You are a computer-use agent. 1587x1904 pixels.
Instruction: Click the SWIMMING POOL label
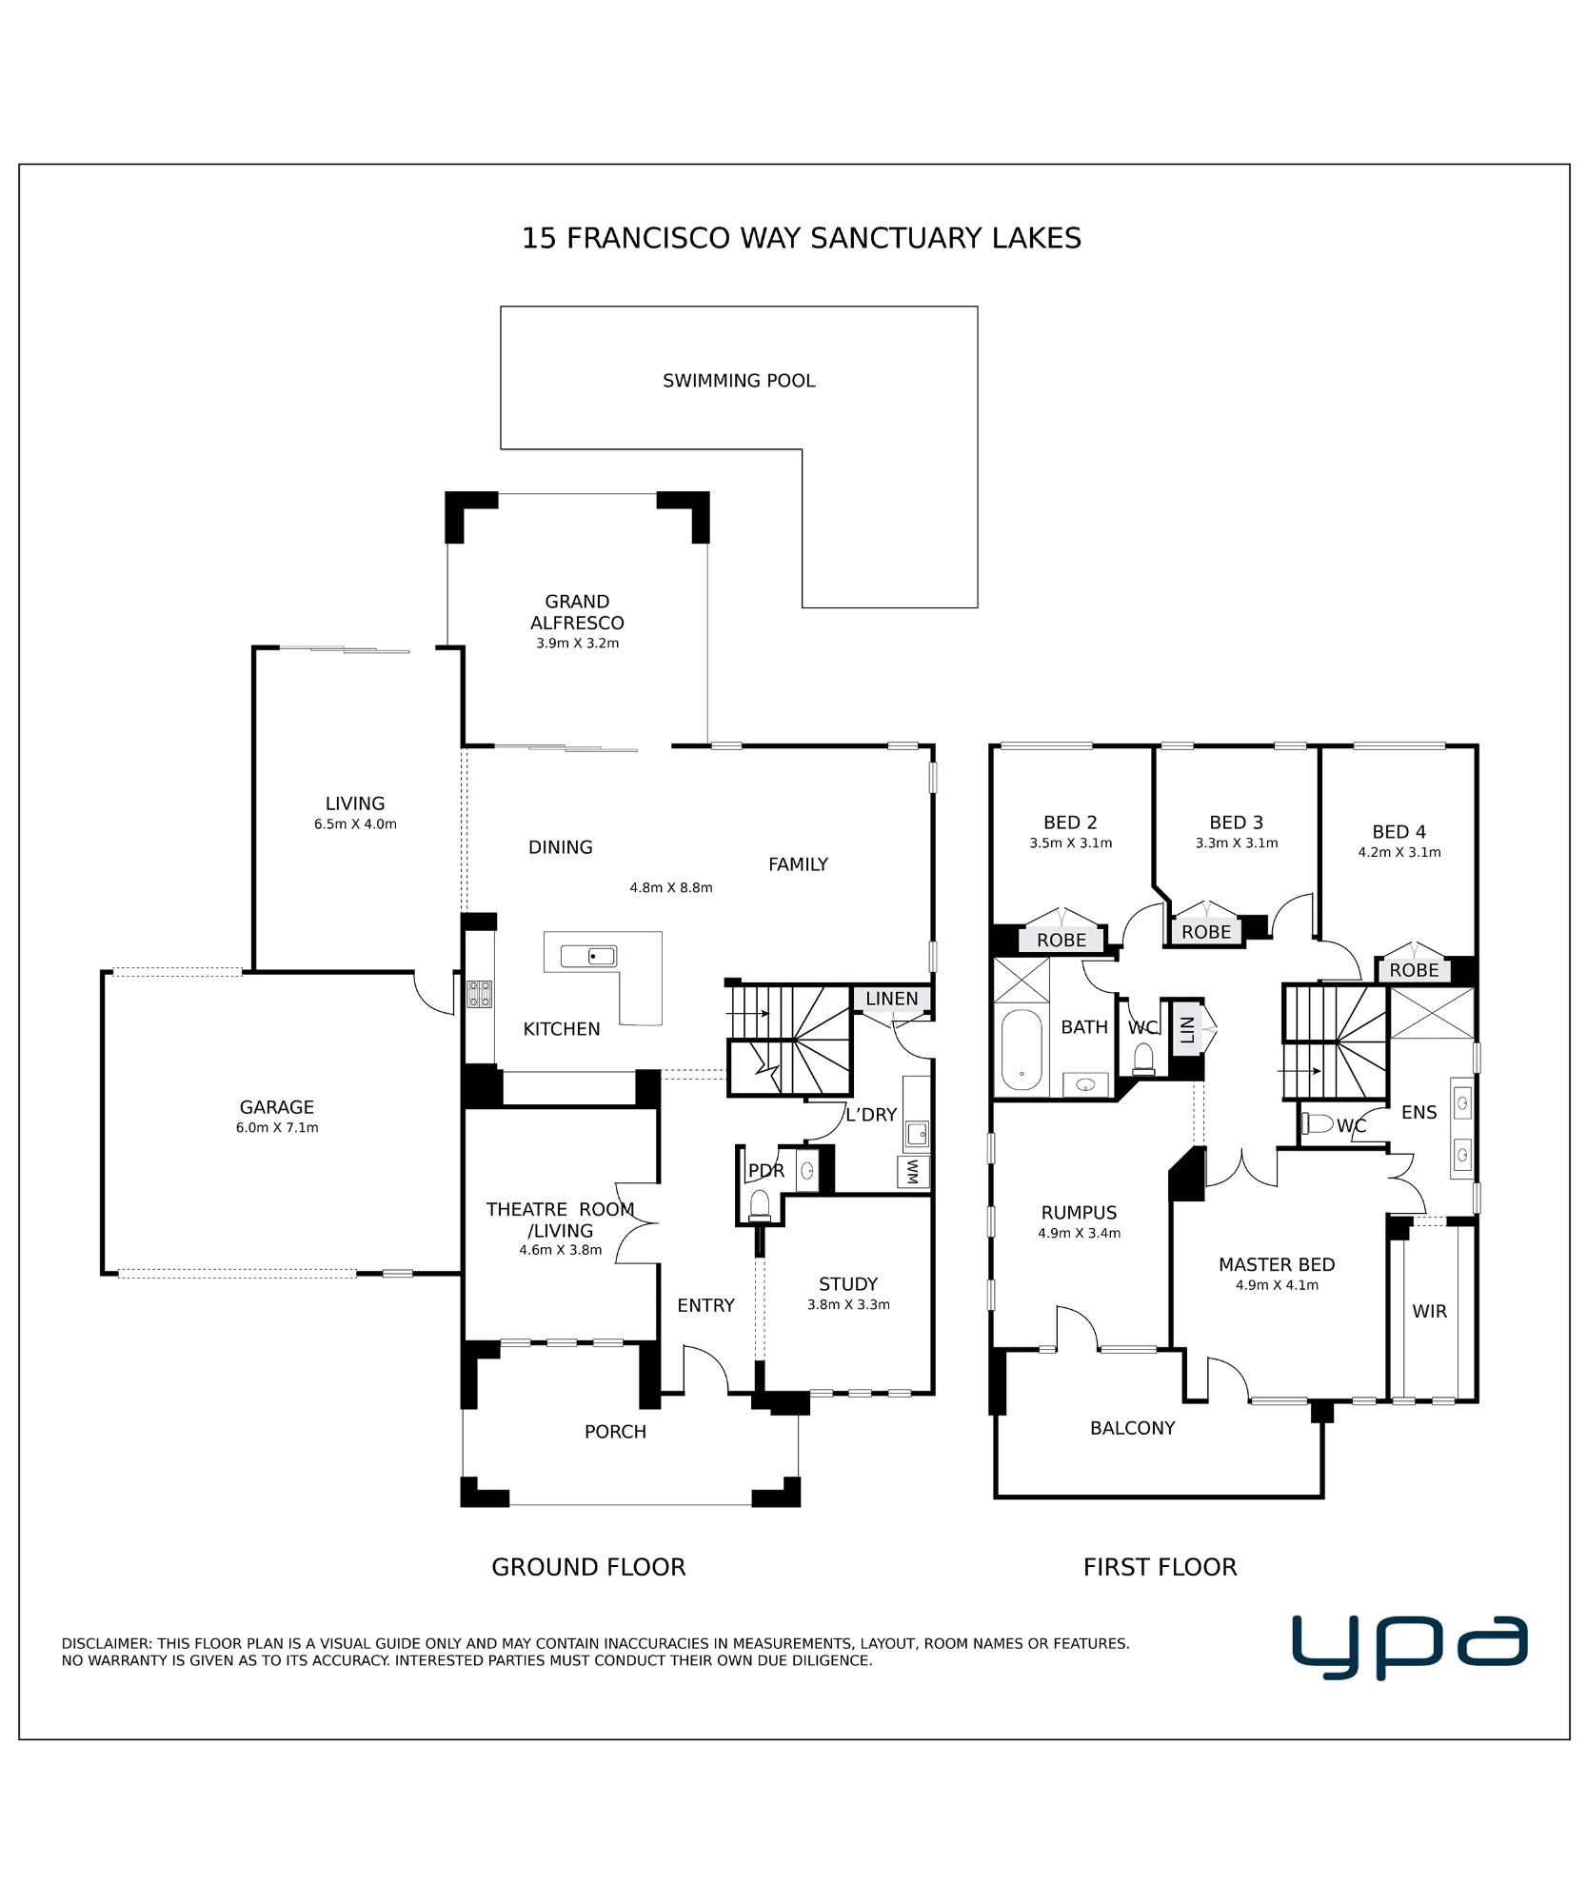click(739, 381)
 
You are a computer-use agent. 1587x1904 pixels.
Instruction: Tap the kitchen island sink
click(588, 956)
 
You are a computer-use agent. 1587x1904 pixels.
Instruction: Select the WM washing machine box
click(913, 1172)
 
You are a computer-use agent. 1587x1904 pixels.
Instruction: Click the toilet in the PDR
click(759, 1205)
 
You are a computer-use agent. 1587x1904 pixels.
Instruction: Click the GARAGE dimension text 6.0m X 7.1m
click(277, 1128)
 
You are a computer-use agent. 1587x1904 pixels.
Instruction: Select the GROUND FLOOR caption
click(588, 1567)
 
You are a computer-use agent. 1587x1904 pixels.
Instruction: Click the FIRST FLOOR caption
click(1160, 1567)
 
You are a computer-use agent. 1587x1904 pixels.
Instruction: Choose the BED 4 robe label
click(1414, 970)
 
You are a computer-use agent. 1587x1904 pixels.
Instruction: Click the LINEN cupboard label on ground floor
click(892, 999)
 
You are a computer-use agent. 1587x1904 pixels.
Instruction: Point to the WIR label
click(1429, 1311)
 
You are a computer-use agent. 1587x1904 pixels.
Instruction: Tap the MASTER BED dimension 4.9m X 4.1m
click(1277, 1285)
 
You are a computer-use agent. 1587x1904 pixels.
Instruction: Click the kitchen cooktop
click(479, 994)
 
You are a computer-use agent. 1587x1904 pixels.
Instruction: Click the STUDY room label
click(848, 1284)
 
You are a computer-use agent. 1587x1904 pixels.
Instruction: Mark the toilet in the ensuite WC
click(1318, 1123)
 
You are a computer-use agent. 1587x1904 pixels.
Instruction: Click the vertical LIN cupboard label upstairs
click(1186, 1029)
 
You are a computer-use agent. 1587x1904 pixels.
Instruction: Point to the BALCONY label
click(1132, 1428)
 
